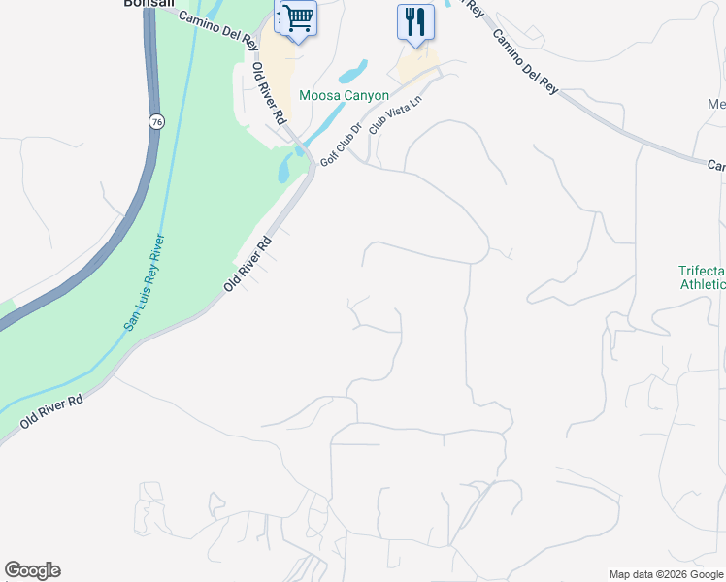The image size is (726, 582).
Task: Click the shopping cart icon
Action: point(298,17)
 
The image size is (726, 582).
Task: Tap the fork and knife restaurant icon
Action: point(415,21)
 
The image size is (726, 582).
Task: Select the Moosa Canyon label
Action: point(344,95)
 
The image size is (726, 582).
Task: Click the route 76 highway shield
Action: point(156,121)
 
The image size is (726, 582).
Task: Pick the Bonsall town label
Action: point(148,4)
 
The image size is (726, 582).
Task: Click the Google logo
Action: point(32,570)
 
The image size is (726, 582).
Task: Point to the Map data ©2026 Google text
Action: point(667,574)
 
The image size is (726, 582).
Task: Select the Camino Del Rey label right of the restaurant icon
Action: point(524,61)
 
